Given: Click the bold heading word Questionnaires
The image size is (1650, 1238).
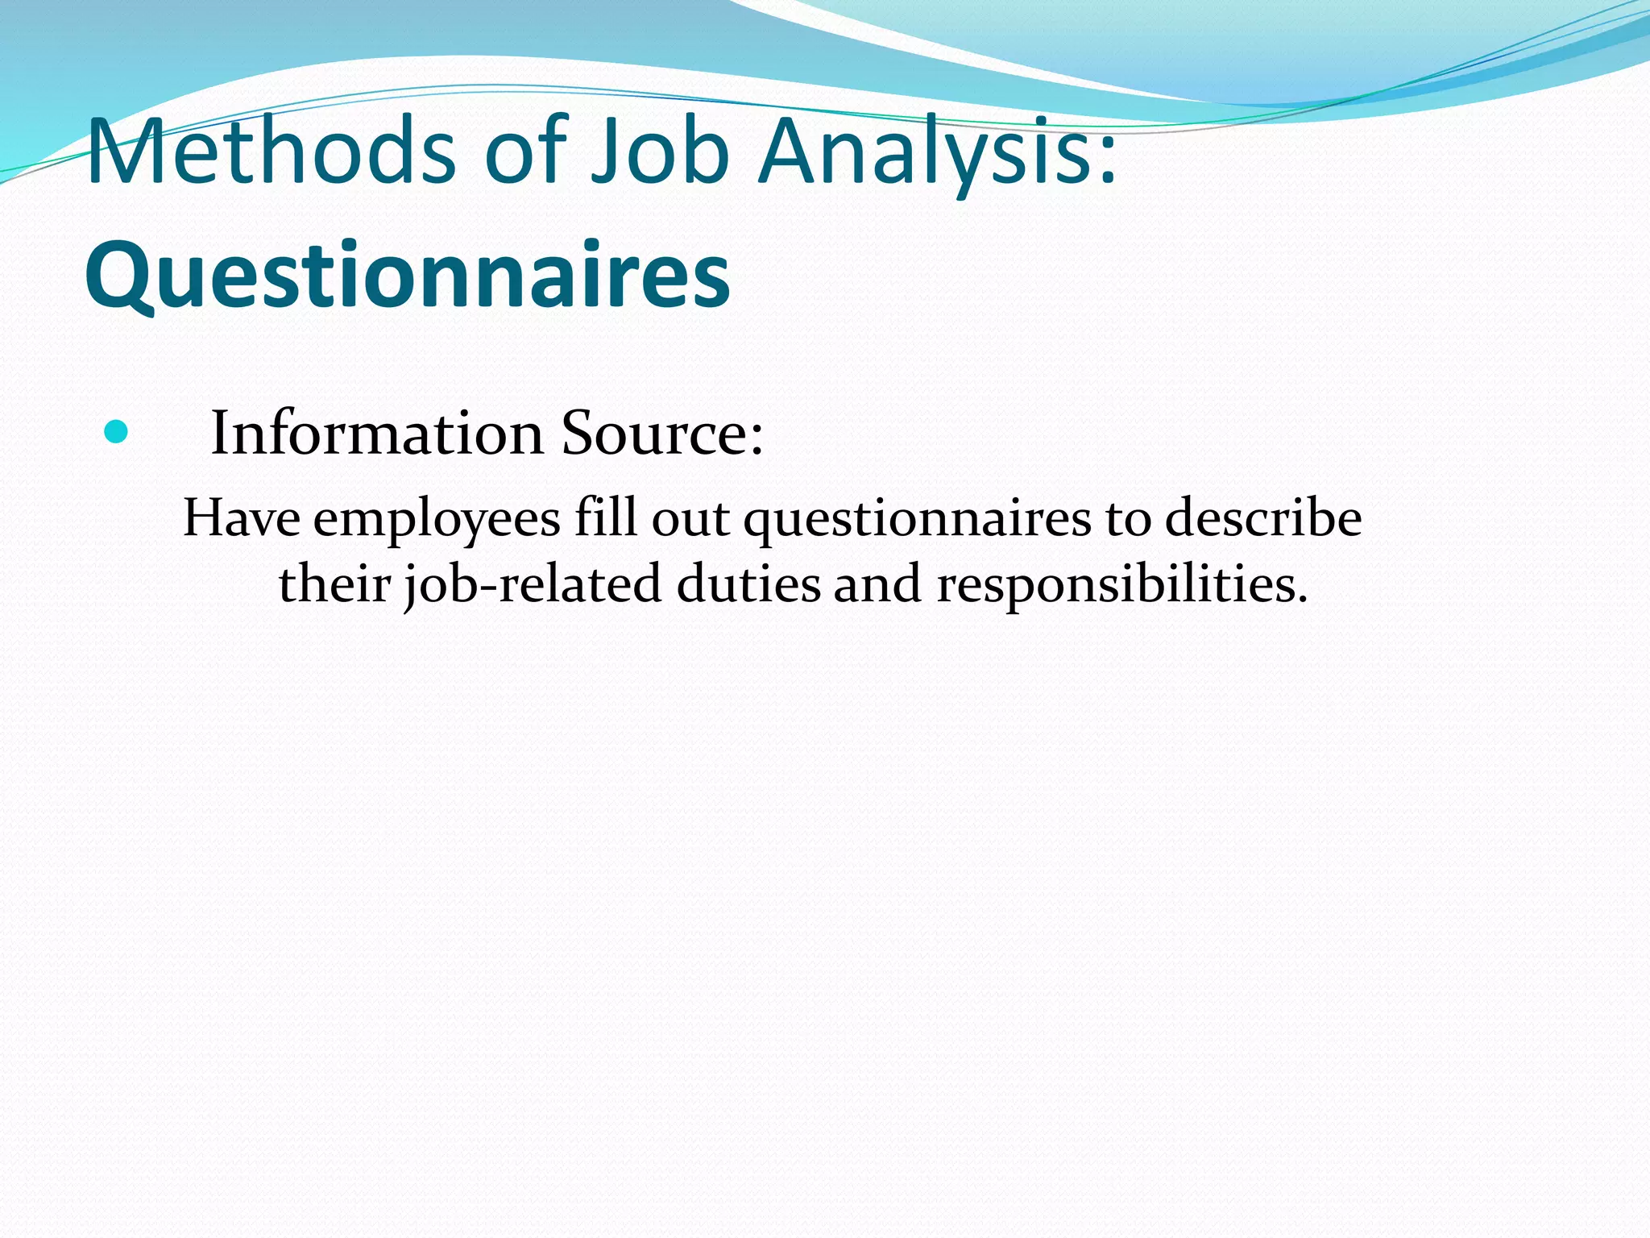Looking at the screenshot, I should pyautogui.click(x=408, y=276).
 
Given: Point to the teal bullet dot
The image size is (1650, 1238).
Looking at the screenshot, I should pyautogui.click(x=116, y=433).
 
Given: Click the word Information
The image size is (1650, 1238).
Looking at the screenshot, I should pyautogui.click(x=377, y=434).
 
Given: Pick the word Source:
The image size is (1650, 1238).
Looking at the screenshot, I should pyautogui.click(x=661, y=434).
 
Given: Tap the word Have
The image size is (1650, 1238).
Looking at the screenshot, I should pyautogui.click(x=242, y=517).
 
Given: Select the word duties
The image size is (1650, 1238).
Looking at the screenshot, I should pyautogui.click(x=748, y=584).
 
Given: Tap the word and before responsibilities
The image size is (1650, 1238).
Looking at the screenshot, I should pyautogui.click(x=877, y=584).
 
